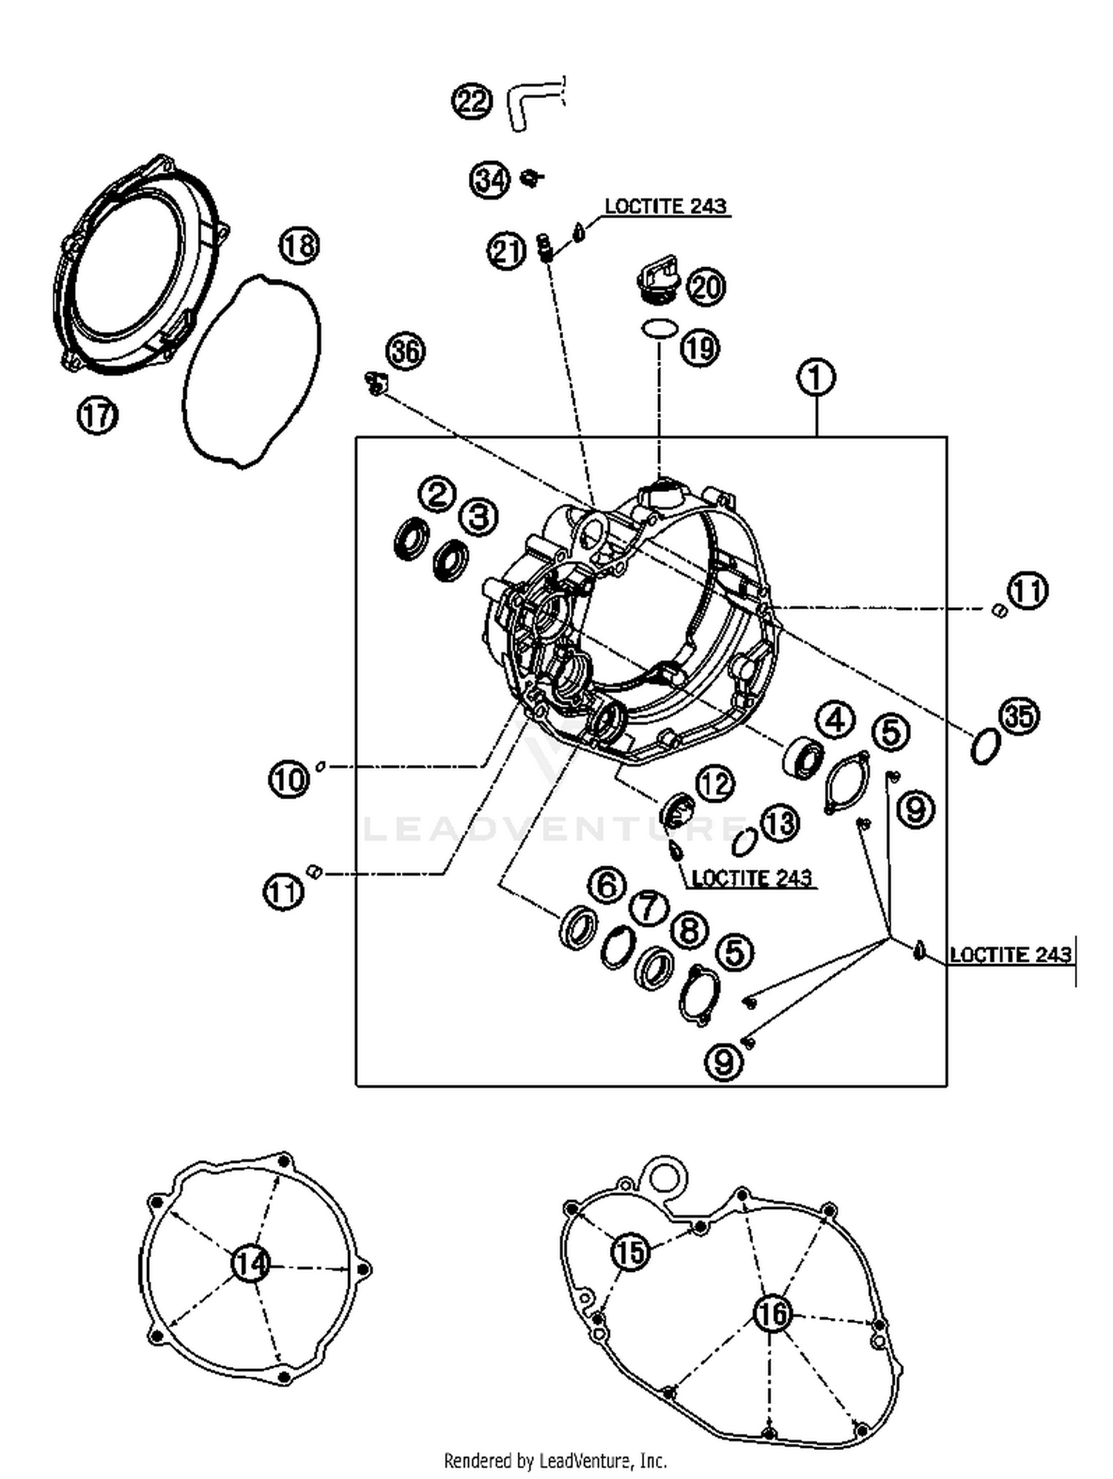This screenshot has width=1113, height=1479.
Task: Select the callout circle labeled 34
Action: (x=490, y=180)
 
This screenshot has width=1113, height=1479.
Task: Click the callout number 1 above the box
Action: (x=815, y=378)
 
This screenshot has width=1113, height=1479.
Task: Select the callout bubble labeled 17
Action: (x=97, y=416)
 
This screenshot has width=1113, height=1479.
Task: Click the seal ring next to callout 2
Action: (x=410, y=540)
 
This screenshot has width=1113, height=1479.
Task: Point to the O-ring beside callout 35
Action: (x=985, y=746)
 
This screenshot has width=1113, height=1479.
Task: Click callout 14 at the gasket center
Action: (x=251, y=1264)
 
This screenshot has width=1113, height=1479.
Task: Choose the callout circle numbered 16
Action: (x=772, y=1314)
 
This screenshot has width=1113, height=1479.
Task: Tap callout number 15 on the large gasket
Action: (x=630, y=1253)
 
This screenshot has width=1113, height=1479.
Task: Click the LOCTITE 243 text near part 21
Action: (x=665, y=206)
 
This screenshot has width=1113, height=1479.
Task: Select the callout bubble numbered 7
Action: (x=649, y=907)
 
